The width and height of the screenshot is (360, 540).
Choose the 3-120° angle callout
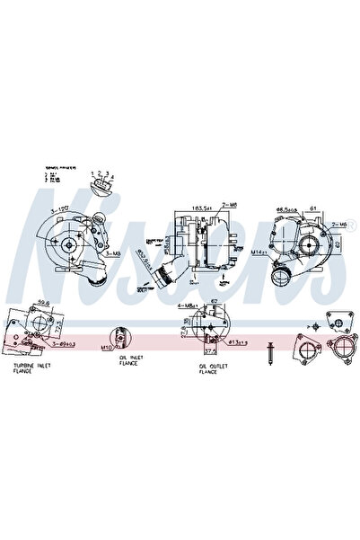tap(60, 209)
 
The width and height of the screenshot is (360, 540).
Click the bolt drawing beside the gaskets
tap(269, 352)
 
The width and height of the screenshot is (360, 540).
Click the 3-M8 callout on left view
tap(113, 254)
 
